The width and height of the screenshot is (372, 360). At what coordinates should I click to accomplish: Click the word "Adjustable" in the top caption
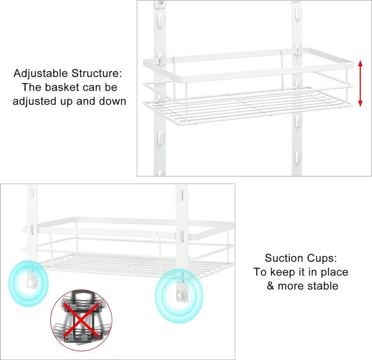[41, 73]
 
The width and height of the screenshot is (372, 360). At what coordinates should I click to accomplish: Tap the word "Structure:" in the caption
[97, 73]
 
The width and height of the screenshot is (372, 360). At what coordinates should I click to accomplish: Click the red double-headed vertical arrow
[360, 84]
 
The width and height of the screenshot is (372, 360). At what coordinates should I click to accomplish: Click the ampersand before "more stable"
[271, 286]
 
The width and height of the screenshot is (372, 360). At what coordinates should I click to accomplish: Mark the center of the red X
[81, 320]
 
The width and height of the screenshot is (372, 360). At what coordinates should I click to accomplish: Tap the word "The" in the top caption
[32, 87]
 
